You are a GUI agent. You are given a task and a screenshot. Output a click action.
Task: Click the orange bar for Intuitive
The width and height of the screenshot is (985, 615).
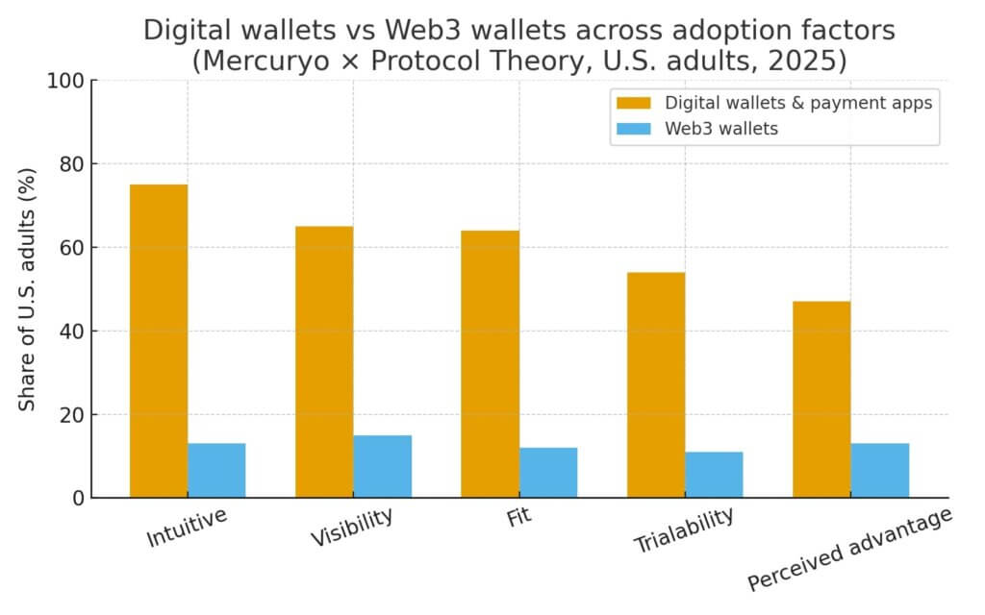(x=159, y=341)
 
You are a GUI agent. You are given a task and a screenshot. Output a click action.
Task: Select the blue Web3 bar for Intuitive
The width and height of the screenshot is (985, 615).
(x=216, y=470)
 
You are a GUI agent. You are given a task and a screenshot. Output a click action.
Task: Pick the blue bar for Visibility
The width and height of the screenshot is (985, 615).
(x=382, y=466)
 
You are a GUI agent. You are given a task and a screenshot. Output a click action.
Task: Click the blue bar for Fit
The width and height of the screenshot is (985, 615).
(x=548, y=472)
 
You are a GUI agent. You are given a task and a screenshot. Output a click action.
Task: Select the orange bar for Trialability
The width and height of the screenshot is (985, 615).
(x=656, y=384)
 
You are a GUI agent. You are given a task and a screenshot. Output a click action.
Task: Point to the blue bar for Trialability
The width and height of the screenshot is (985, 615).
(x=714, y=474)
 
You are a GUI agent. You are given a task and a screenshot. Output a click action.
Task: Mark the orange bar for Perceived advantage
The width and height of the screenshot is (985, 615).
(x=821, y=399)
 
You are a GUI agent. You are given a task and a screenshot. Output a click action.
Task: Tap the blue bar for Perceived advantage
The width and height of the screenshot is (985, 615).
(x=879, y=470)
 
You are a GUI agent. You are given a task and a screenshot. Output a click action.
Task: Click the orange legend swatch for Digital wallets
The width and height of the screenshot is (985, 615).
(x=635, y=103)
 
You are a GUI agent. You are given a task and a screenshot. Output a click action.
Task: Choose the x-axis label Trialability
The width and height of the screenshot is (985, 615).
(x=683, y=530)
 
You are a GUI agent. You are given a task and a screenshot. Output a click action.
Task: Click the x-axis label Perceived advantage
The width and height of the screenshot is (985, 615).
(x=849, y=549)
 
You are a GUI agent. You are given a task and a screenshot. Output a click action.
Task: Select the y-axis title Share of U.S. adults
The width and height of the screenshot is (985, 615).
(x=28, y=289)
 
